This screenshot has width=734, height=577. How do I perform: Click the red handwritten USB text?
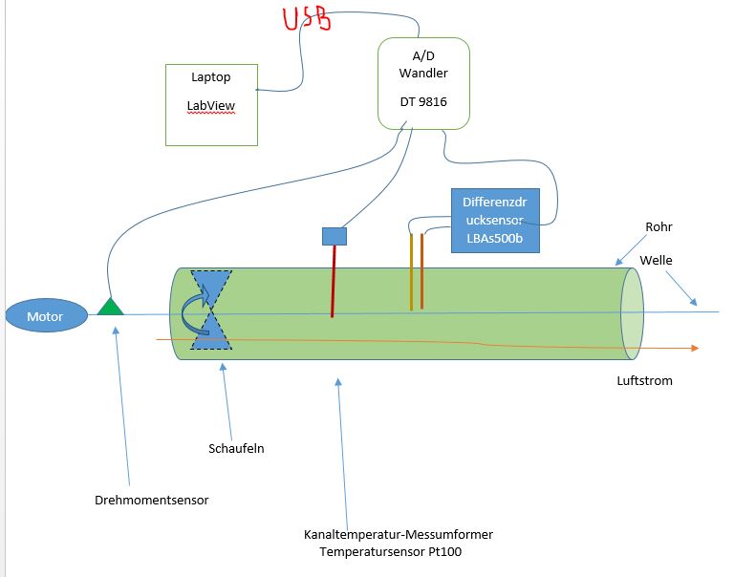[307, 19]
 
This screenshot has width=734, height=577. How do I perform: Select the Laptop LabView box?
[211, 104]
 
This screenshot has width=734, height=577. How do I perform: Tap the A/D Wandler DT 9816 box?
[423, 83]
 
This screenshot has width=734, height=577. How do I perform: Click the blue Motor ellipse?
[44, 316]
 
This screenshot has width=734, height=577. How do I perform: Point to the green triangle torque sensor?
[111, 306]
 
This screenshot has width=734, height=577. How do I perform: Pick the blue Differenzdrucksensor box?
[493, 220]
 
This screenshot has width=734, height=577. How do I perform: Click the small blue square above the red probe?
[334, 236]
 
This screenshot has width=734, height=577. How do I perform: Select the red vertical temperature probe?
[333, 281]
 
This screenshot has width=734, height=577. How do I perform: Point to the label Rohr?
[658, 227]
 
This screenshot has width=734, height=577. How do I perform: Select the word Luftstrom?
[644, 380]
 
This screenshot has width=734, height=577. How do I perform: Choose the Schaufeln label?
[235, 447]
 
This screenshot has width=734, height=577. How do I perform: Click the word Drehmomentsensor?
[151, 500]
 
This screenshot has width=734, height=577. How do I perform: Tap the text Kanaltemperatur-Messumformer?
[399, 534]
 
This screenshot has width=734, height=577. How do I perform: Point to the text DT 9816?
[423, 100]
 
